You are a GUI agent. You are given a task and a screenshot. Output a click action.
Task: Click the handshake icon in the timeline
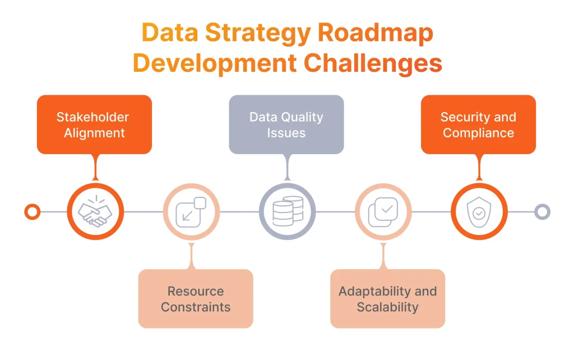pyautogui.click(x=95, y=212)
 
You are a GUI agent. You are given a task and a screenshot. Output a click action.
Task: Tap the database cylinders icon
pyautogui.click(x=287, y=212)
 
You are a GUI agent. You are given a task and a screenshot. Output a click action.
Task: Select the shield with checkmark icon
pyautogui.click(x=479, y=212)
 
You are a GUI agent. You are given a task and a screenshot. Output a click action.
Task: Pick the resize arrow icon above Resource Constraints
pyautogui.click(x=191, y=212)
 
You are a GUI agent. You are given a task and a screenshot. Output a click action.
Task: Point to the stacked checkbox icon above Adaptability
pyautogui.click(x=383, y=212)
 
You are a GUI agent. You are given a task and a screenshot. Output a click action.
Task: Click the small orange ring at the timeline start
pyautogui.click(x=33, y=212)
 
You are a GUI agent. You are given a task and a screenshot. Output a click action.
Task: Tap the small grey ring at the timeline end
pyautogui.click(x=542, y=212)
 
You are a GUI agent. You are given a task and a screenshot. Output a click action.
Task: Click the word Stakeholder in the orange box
pyautogui.click(x=92, y=117)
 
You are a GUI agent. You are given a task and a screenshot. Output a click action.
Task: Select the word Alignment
pyautogui.click(x=94, y=133)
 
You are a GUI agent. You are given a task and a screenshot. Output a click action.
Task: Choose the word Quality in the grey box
pyautogui.click(x=302, y=117)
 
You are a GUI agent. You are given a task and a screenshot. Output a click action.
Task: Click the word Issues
pyautogui.click(x=286, y=133)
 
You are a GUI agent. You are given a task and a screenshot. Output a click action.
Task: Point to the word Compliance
pyautogui.click(x=478, y=133)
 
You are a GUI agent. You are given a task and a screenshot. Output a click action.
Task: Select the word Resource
pyautogui.click(x=196, y=291)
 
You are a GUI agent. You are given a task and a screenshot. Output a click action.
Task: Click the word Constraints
pyautogui.click(x=196, y=307)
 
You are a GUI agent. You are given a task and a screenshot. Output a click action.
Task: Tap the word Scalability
pyautogui.click(x=387, y=307)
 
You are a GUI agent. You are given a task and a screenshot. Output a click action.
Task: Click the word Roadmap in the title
pyautogui.click(x=376, y=33)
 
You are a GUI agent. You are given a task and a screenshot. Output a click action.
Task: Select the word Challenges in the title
pyautogui.click(x=373, y=63)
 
